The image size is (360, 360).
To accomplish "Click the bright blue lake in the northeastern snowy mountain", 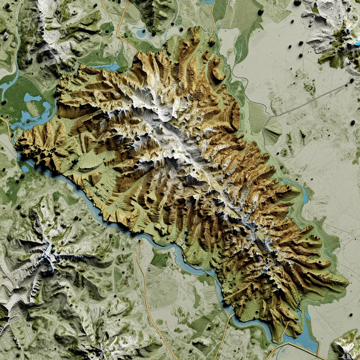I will click(348, 32).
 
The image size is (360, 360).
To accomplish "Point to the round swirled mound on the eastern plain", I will click(310, 86).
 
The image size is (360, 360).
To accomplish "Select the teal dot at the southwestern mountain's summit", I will click(53, 250).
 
